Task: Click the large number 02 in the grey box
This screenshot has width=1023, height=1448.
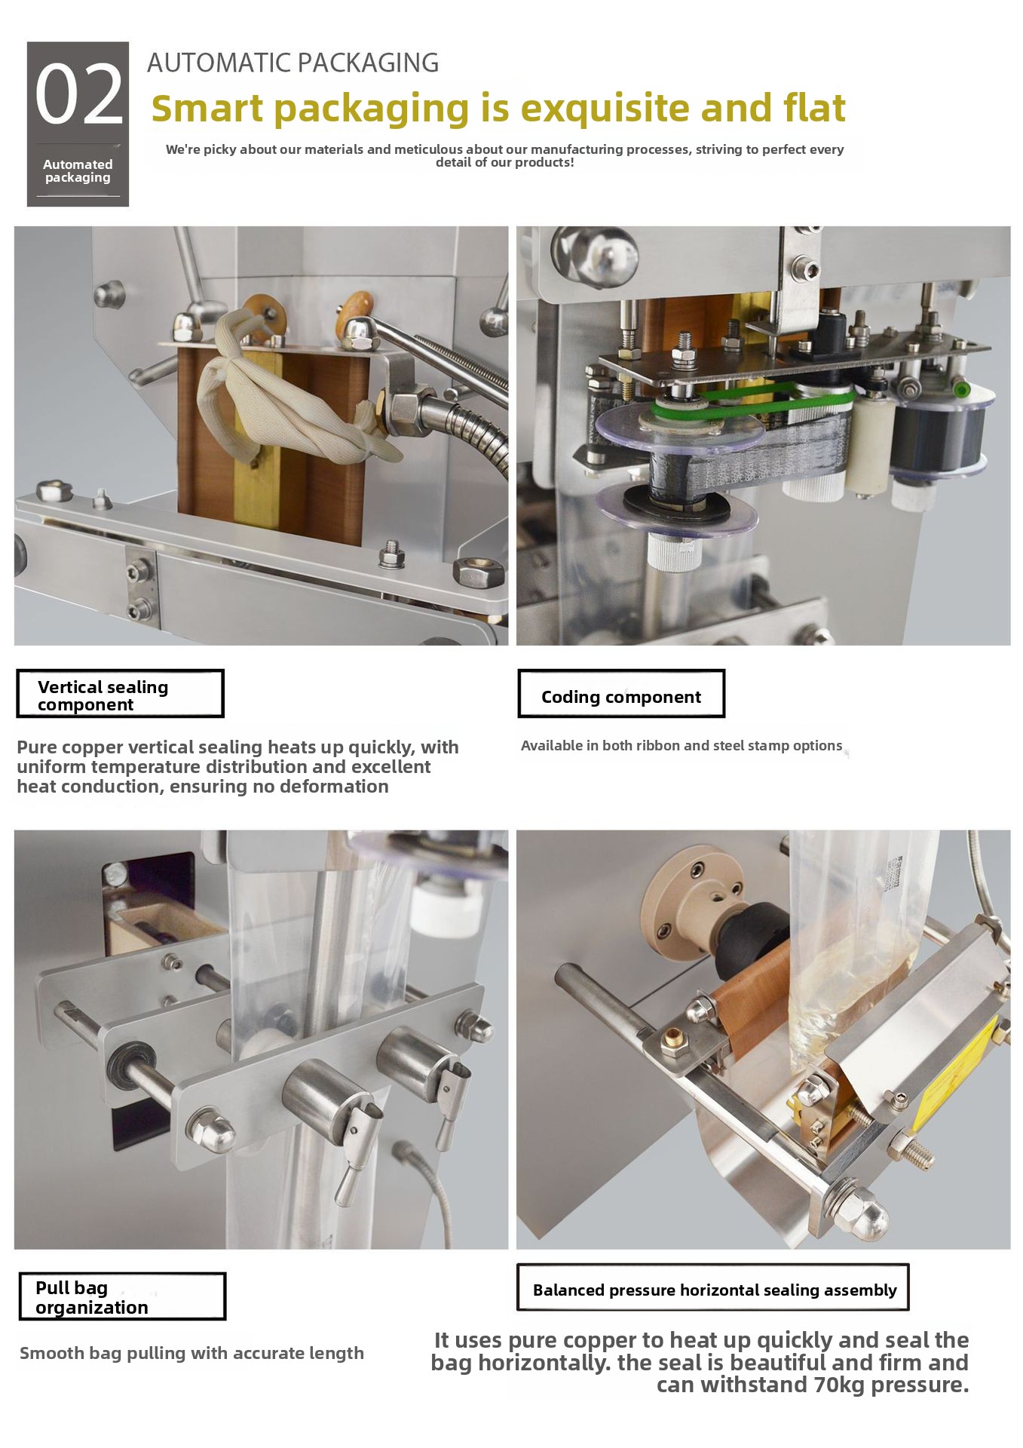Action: pos(79,94)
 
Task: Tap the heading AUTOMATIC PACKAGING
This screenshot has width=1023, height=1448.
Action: pos(293,63)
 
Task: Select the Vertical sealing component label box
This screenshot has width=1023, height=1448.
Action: pos(120,694)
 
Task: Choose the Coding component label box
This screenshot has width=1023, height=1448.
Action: pos(621,694)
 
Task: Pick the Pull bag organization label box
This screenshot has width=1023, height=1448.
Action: pos(122,1297)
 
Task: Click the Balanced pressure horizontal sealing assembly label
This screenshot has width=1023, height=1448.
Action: pos(713,1288)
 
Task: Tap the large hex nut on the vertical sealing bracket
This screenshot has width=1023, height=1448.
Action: pos(477,572)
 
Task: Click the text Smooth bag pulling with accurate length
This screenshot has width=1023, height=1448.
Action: pos(191,1353)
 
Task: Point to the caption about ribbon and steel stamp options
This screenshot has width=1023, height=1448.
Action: pos(681,745)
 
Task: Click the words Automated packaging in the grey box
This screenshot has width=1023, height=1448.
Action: pos(78,171)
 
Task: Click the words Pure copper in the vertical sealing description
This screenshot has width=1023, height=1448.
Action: pos(69,747)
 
